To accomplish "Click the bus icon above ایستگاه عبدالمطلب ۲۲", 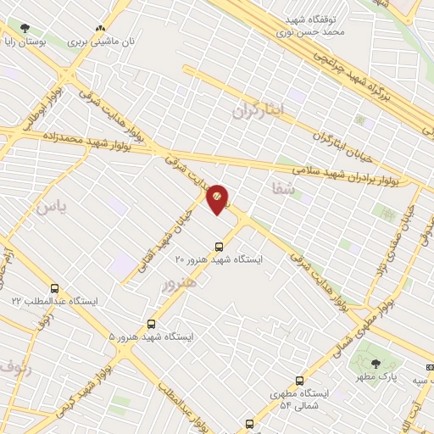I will point(55,288).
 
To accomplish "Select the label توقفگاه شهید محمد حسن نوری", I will point(312,25).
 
